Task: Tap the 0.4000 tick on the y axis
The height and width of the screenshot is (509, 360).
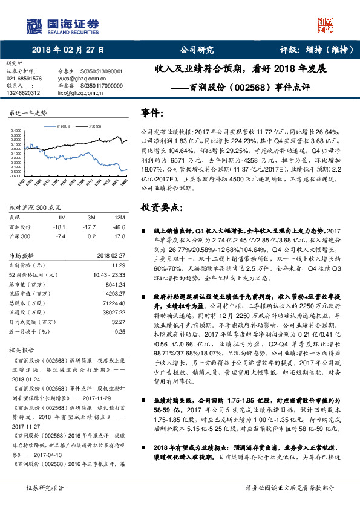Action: [x=16, y=130]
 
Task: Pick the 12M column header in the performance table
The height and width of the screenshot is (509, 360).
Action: [x=119, y=217]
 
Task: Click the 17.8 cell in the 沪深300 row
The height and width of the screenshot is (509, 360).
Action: [x=119, y=236]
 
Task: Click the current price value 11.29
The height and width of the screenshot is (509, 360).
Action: [x=119, y=265]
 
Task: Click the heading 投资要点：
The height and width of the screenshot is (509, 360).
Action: [x=161, y=207]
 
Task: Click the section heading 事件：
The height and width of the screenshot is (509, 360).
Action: [x=152, y=113]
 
